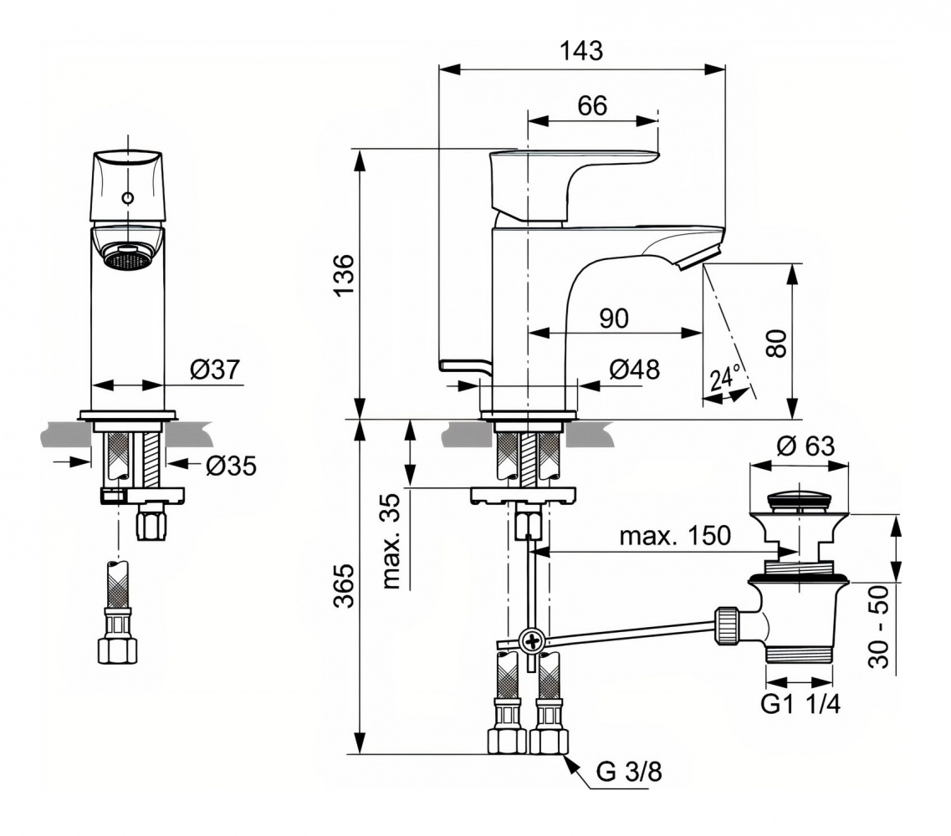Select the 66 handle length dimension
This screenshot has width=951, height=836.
coord(591,105)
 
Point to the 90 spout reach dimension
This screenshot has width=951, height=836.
coord(614,318)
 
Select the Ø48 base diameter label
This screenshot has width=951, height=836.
coord(633,370)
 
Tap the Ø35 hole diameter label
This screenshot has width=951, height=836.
coord(230,465)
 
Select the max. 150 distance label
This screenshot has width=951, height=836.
coord(674,535)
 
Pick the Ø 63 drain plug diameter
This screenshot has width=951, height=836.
coord(805,446)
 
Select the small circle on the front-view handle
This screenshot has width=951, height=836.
coord(127,198)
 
